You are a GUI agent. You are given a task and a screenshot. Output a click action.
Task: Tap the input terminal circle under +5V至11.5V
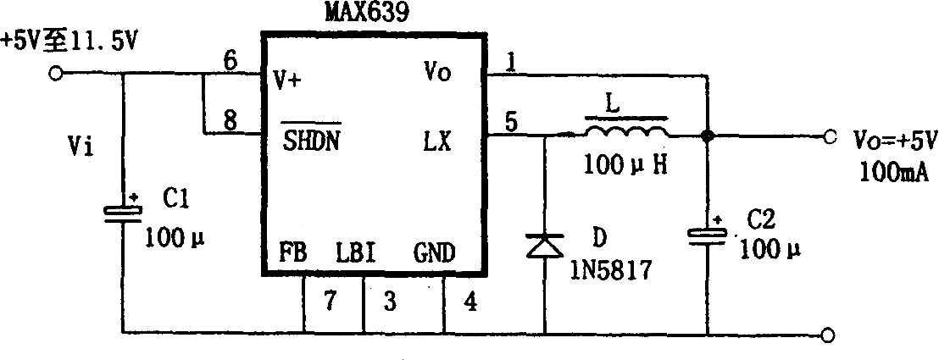pos(56,74)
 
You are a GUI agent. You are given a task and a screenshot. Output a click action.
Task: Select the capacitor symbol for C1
pos(123,213)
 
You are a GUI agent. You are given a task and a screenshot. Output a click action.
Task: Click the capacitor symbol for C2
pos(708,236)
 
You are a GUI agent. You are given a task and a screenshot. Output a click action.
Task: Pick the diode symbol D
pos(544,246)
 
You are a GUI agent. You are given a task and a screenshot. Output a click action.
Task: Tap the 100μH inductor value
pos(625,163)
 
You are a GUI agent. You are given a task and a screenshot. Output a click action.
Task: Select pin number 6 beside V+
pos(230,62)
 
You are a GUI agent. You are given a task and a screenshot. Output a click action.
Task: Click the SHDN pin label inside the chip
pos(311,142)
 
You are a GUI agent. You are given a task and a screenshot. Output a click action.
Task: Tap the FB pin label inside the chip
pos(293,253)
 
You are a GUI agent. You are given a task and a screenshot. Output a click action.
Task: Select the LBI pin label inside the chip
pos(356,253)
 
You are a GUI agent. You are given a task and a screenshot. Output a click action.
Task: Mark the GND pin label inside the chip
pos(434,253)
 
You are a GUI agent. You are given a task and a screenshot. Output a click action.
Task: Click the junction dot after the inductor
pos(708,136)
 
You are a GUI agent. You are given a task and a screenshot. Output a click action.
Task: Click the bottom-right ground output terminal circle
pos(827,335)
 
